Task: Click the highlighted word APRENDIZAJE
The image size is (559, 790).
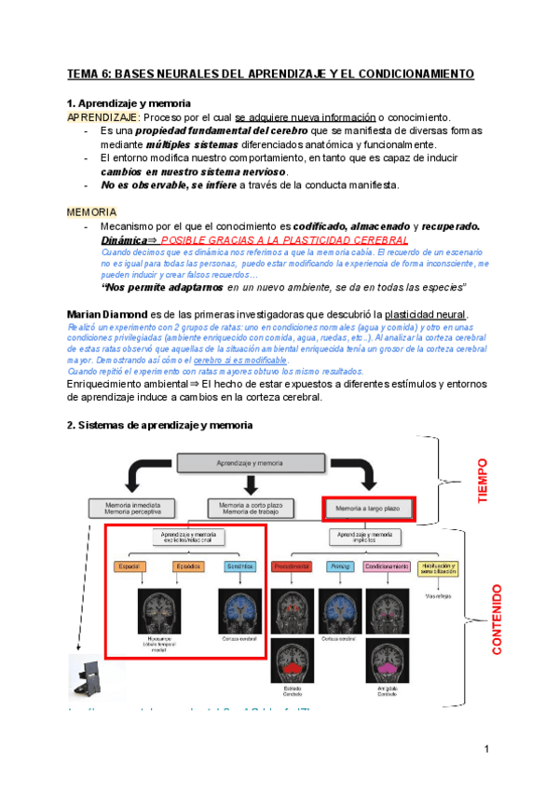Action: tap(102, 117)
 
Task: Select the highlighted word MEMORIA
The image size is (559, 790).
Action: tap(92, 212)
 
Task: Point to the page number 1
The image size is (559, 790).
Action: tap(486, 750)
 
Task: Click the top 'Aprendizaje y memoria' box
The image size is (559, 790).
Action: tap(249, 462)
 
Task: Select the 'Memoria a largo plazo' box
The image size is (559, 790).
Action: tap(369, 508)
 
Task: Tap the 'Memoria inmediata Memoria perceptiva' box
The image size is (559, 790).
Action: tap(130, 509)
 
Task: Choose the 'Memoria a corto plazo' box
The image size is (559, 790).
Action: tap(249, 509)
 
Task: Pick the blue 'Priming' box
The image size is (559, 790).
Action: tap(339, 566)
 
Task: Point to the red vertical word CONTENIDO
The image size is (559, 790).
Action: tap(497, 620)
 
